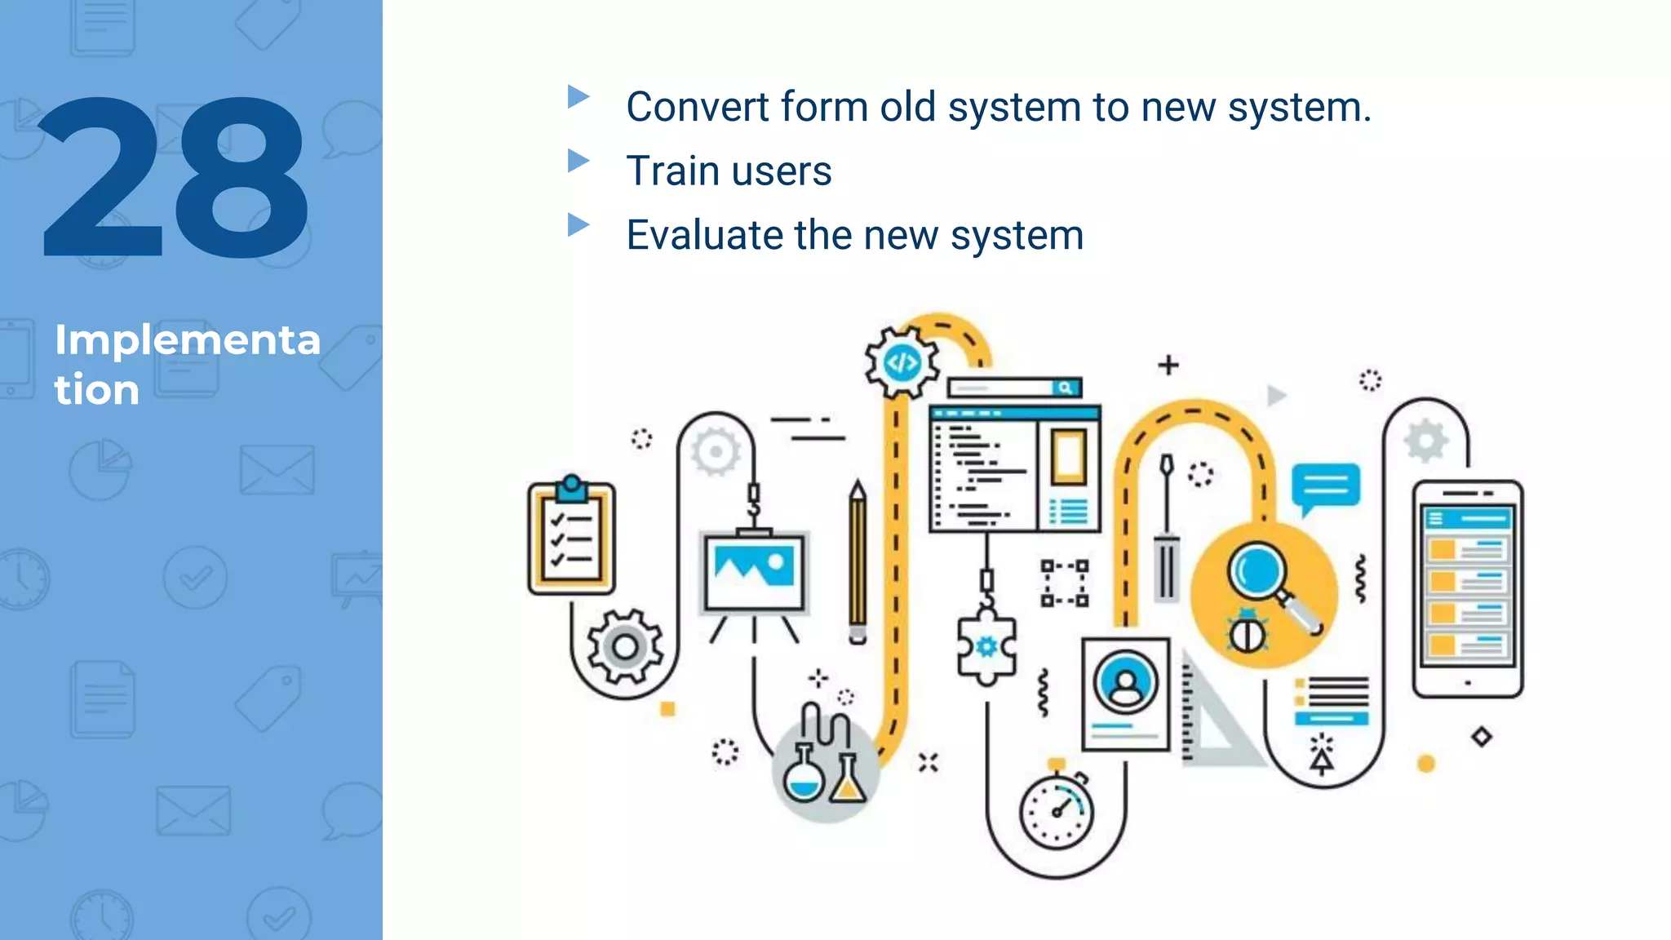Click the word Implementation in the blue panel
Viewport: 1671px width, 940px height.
coord(187,363)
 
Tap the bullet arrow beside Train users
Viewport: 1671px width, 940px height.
coord(578,161)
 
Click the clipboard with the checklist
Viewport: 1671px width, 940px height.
coord(571,538)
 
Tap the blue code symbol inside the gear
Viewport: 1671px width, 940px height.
coord(902,362)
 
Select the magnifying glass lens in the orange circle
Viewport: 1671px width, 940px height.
coord(1257,570)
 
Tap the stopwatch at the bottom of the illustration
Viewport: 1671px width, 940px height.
coord(1057,810)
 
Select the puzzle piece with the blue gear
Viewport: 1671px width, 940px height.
coord(986,648)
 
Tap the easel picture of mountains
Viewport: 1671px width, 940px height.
coord(754,572)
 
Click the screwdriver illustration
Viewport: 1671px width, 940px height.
coord(1168,530)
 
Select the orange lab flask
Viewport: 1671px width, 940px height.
coord(848,779)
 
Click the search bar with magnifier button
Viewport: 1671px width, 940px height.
coord(1015,388)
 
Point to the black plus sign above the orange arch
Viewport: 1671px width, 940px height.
coord(1168,365)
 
